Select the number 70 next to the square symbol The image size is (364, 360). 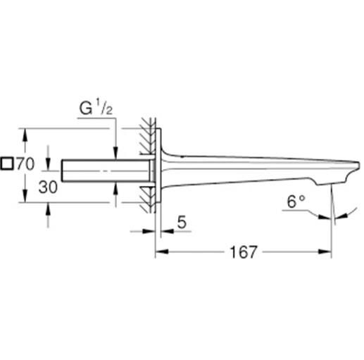[x=25, y=163]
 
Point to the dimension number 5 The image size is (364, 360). [x=181, y=223]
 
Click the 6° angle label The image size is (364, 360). [x=295, y=201]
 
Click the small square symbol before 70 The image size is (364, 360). [x=7, y=163]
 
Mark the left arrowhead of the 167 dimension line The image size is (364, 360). [x=158, y=252]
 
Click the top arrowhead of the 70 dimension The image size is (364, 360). [x=25, y=133]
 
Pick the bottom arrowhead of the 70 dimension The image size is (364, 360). [x=25, y=199]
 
